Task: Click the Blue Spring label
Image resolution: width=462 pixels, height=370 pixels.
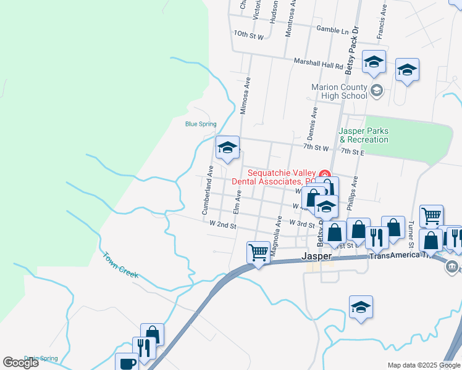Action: [x=201, y=124]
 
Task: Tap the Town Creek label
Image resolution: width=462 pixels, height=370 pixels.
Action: [x=120, y=265]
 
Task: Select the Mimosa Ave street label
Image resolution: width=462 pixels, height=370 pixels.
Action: [x=245, y=96]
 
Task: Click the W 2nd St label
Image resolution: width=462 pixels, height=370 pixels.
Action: [x=223, y=226]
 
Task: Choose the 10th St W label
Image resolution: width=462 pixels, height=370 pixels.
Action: [x=249, y=36]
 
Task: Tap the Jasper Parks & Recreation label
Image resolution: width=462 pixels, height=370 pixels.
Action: [x=363, y=135]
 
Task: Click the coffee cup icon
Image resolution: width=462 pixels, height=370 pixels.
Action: [x=127, y=363]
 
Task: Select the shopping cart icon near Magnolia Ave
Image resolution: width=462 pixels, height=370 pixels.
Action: [x=258, y=251]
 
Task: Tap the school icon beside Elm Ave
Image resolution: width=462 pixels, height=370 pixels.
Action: [x=227, y=147]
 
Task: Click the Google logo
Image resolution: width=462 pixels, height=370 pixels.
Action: [x=20, y=363]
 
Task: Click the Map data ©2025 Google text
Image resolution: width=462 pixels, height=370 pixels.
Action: [x=423, y=365]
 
